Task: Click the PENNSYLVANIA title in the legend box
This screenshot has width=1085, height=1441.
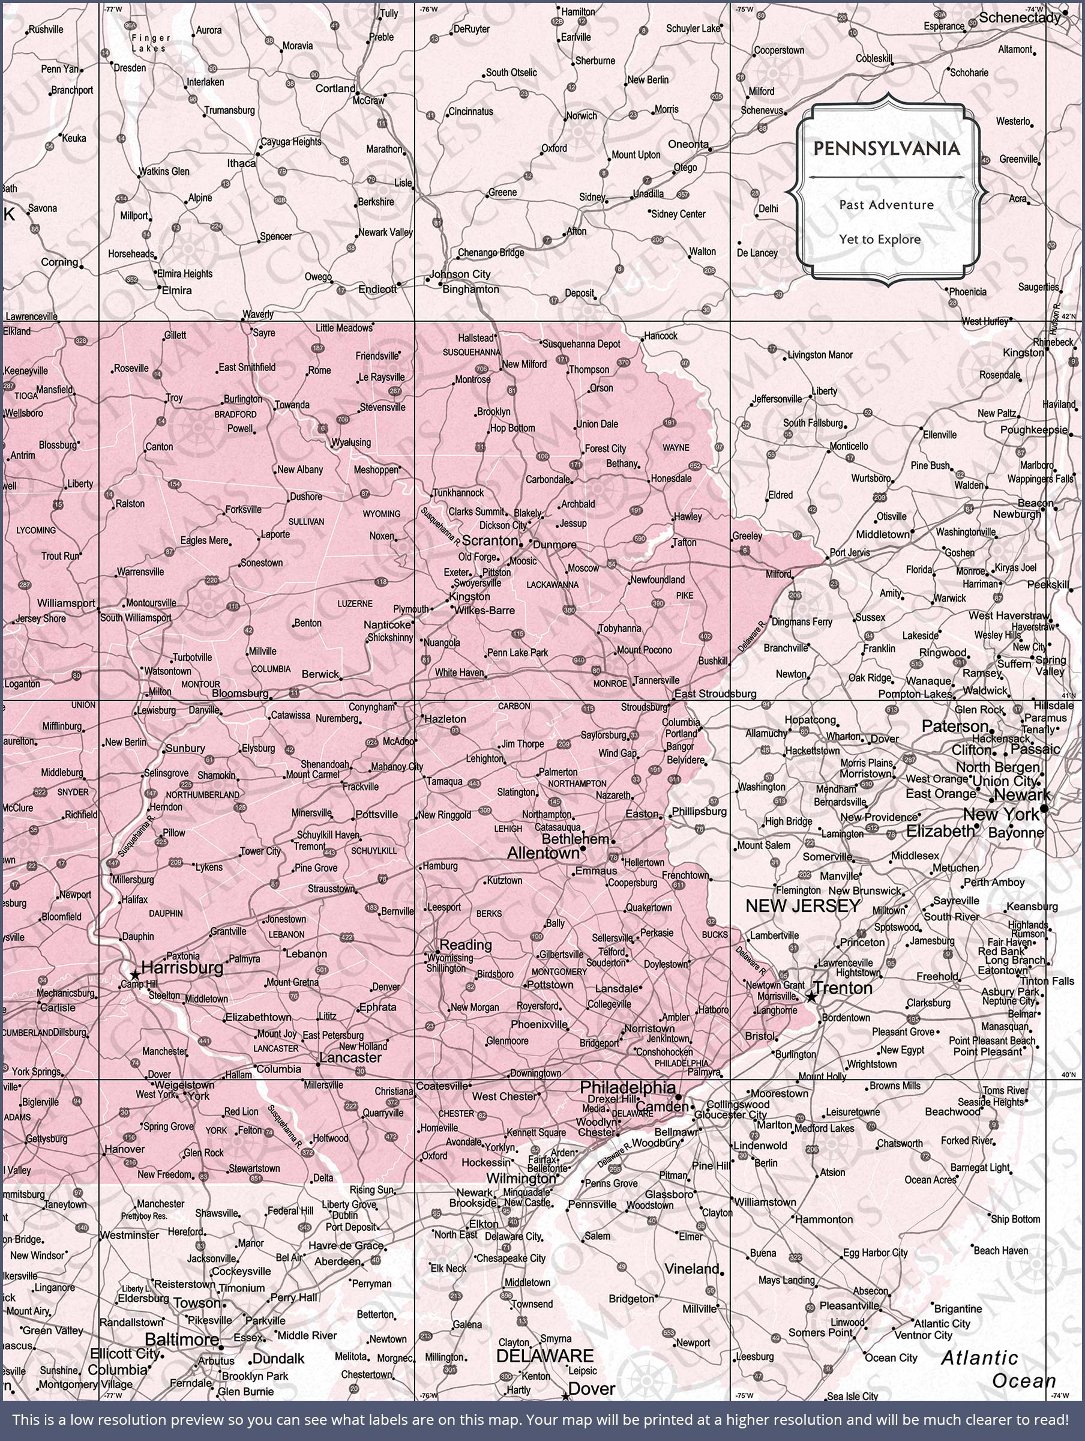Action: coord(886,148)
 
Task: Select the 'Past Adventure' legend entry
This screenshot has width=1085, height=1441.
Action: coord(886,205)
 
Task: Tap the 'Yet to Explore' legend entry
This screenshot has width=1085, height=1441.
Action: coord(880,239)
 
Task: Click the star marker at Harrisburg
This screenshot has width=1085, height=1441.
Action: coord(134,974)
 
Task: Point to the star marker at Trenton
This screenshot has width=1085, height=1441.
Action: coord(811,997)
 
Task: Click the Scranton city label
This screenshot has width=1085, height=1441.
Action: coord(490,541)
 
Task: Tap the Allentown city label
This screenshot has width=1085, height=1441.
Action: coord(542,853)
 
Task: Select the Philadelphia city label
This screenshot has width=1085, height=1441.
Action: coord(628,1087)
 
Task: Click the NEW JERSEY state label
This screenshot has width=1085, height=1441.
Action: coord(803,905)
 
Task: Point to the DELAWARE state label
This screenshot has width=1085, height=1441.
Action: coord(544,1356)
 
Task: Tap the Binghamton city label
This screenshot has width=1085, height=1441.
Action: coord(471,289)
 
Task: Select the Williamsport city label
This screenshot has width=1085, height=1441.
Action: coord(66,603)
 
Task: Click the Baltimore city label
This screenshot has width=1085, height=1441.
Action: coord(182,1340)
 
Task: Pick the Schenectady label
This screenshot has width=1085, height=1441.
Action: coord(1020,17)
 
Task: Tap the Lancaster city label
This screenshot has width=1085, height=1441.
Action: coord(350,1057)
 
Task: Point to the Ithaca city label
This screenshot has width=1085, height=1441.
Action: coord(241,163)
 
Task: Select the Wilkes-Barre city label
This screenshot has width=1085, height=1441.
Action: coord(484,611)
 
